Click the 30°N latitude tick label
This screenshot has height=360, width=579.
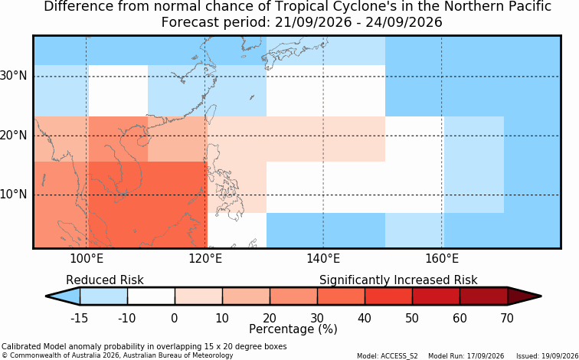[x=13, y=76]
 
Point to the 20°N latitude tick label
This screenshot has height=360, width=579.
[x=13, y=135]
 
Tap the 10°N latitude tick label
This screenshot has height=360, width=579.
[x=13, y=195]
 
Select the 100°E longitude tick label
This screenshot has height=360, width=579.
[x=87, y=259]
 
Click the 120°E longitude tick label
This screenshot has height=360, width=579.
[x=205, y=259]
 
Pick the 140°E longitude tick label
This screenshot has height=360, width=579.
[x=323, y=259]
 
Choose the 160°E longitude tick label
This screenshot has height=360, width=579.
[x=442, y=259]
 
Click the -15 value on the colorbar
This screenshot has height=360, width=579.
[x=79, y=318]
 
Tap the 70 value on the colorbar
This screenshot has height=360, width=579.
[x=507, y=318]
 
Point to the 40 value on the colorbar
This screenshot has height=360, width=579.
[x=365, y=318]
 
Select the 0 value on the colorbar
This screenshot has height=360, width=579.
[x=175, y=318]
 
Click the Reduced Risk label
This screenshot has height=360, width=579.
[x=105, y=280]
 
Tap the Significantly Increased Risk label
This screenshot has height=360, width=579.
[x=398, y=280]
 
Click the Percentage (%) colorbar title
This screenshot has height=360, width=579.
[x=293, y=329]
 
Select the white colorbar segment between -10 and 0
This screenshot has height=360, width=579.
[x=151, y=296]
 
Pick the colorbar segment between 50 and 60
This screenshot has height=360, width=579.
[x=436, y=296]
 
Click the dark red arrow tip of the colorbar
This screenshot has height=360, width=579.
[x=541, y=296]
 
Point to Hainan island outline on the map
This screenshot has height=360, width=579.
[x=142, y=141]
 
